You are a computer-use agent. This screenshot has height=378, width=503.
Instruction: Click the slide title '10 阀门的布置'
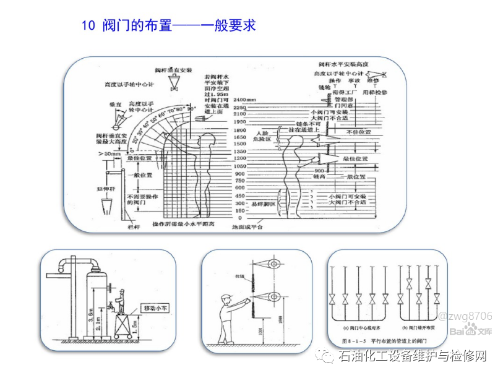[168, 25]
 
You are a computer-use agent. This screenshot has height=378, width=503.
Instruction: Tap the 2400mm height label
[244, 100]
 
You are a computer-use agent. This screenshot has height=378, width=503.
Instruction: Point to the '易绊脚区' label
[262, 203]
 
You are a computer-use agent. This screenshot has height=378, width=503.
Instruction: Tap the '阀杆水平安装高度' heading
[347, 64]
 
